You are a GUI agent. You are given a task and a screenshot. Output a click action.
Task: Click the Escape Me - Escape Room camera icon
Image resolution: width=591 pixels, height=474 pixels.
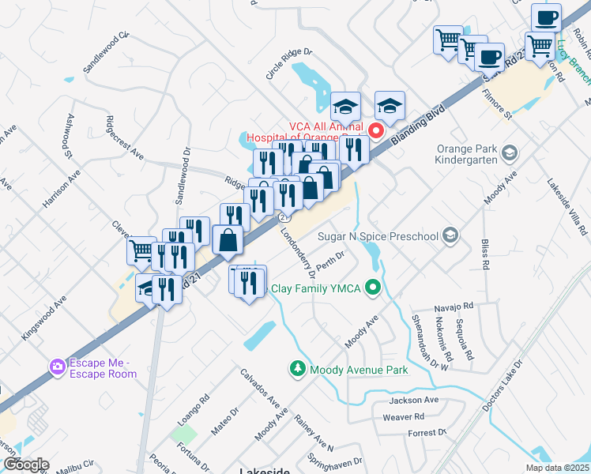tap(57, 366)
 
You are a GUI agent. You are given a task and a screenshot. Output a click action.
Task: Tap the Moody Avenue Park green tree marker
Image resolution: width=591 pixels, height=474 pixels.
tap(298, 369)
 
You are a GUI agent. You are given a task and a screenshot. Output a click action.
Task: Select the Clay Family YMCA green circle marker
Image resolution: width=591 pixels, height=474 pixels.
tap(375, 288)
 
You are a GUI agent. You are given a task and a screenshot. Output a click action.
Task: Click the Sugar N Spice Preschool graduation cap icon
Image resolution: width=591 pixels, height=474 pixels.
tap(450, 235)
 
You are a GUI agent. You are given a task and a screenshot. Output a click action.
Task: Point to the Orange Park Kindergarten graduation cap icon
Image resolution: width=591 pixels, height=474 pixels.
tap(510, 150)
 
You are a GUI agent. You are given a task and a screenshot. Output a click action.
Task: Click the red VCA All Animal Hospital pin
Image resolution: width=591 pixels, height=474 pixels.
tap(377, 131)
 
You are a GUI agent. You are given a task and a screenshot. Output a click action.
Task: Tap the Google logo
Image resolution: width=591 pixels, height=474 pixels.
tap(25, 465)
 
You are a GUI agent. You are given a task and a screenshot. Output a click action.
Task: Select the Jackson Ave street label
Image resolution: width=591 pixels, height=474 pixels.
tap(408, 401)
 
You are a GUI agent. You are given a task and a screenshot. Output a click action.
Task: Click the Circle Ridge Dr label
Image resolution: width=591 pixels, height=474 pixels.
tap(289, 64)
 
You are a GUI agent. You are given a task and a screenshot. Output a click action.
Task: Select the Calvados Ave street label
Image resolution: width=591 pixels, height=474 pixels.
tap(261, 388)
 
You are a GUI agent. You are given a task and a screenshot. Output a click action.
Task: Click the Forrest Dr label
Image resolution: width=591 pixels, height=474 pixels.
tap(427, 432)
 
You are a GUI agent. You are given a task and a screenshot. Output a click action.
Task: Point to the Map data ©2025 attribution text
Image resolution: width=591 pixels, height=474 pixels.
tap(556, 468)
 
